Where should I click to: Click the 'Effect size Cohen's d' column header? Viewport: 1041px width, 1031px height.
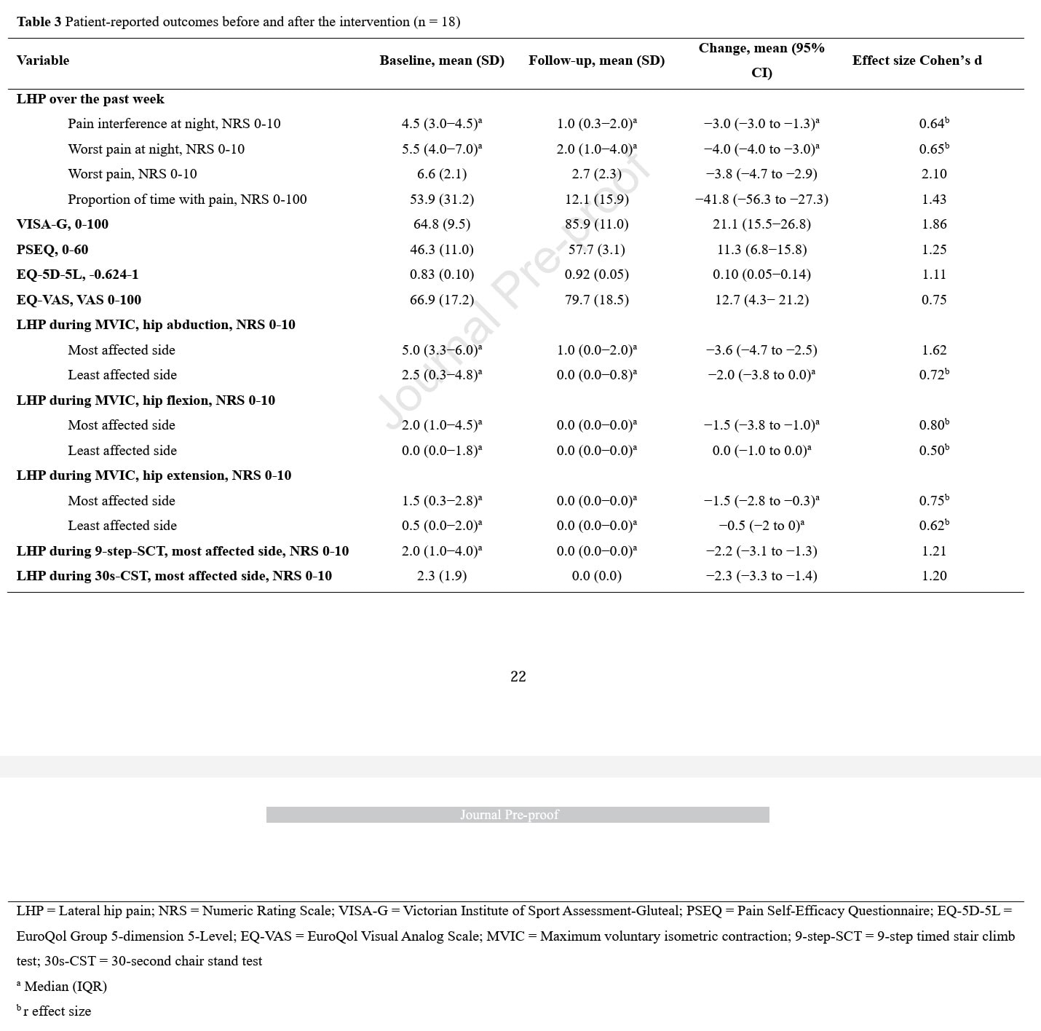tap(917, 60)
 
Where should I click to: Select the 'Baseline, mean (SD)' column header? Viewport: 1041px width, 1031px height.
tap(442, 60)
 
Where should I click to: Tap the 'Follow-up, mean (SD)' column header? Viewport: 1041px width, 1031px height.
tap(596, 60)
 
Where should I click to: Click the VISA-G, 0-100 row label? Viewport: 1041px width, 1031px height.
tap(63, 224)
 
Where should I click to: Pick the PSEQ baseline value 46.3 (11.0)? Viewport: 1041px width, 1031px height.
tap(442, 250)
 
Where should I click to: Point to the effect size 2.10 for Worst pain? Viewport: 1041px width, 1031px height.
tap(934, 174)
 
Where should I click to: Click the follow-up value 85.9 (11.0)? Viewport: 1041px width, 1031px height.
tap(596, 224)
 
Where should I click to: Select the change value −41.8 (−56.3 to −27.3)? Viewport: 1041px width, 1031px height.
tap(761, 200)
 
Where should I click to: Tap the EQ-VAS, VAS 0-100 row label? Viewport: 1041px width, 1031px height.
tap(79, 300)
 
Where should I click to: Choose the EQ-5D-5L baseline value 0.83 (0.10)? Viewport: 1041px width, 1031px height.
tap(442, 274)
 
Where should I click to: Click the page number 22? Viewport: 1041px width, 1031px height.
tap(518, 676)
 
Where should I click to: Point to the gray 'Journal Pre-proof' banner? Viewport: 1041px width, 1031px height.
tap(518, 815)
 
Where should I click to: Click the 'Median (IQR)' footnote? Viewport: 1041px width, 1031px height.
tap(65, 987)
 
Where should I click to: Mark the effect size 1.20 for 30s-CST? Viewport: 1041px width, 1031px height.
tap(934, 576)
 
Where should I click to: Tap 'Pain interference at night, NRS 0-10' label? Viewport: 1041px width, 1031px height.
tap(174, 124)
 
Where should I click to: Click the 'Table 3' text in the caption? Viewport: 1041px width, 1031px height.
tap(39, 22)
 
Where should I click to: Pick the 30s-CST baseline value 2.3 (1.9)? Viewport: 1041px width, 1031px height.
tap(442, 576)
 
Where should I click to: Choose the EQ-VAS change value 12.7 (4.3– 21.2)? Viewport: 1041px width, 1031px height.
tap(761, 300)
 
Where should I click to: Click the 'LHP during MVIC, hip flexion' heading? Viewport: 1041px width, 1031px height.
tap(146, 400)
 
